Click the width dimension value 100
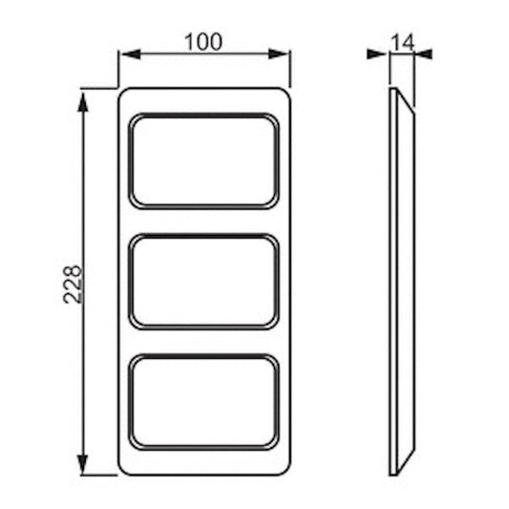(x=203, y=42)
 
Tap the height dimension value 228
(x=72, y=285)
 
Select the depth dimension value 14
(x=403, y=42)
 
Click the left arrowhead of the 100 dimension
(x=130, y=54)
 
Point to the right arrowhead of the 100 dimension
(x=279, y=54)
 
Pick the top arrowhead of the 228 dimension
(x=83, y=102)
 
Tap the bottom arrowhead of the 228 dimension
(x=83, y=464)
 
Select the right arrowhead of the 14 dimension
(x=424, y=53)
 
